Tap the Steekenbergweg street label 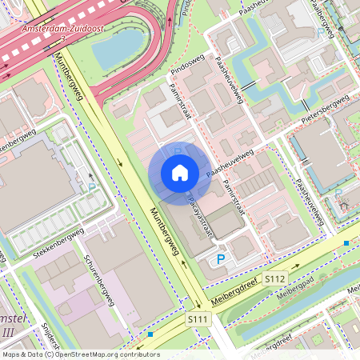click(x=58, y=245)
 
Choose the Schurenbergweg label click(x=98, y=280)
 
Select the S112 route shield click(x=275, y=278)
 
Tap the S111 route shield click(x=199, y=318)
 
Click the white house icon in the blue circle click(x=180, y=173)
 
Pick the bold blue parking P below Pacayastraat click(x=221, y=258)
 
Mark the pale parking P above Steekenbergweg click(x=92, y=187)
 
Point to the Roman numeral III click(x=8, y=332)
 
